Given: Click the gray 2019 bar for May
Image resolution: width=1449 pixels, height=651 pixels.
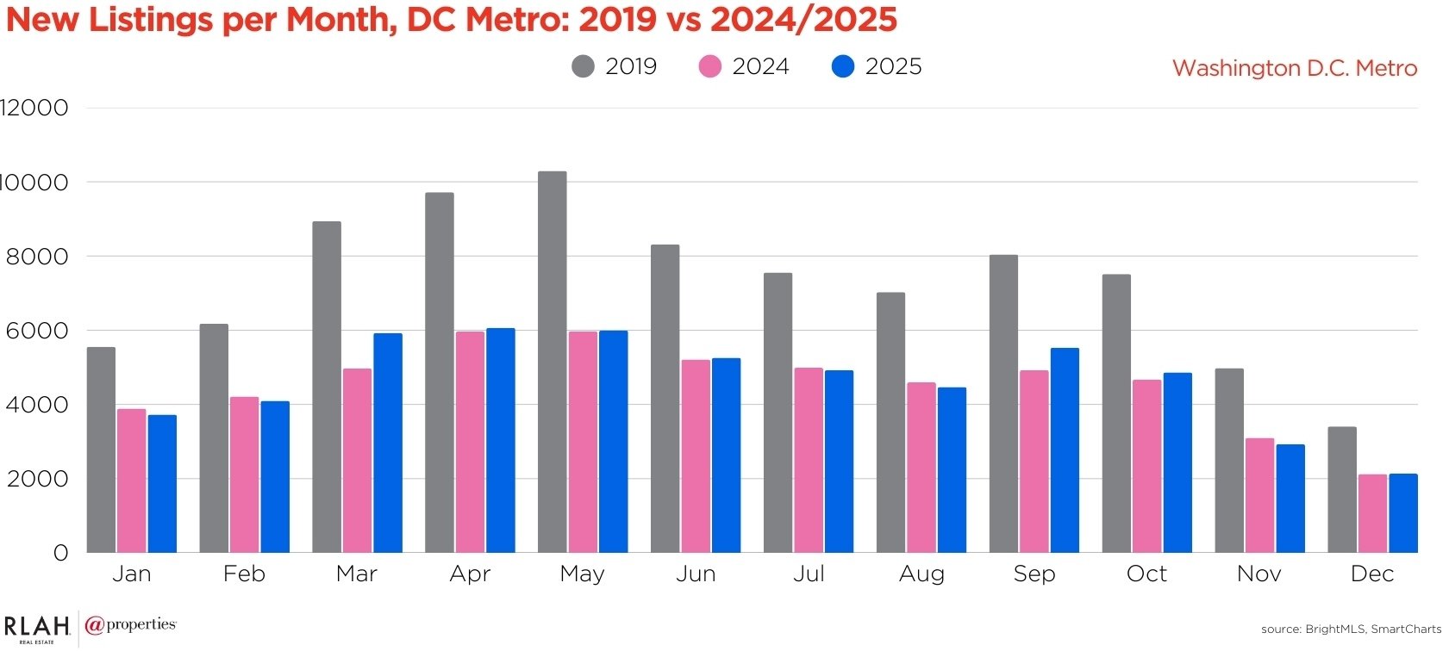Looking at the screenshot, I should pos(553,362).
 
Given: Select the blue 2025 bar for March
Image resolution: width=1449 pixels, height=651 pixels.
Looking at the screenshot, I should pos(388,443).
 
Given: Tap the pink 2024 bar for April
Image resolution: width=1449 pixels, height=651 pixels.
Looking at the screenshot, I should pos(470,442).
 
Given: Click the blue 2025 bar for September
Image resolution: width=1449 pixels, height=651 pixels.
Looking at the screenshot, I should pos(1065,449).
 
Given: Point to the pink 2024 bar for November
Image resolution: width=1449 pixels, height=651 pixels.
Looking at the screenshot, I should pos(1259,495).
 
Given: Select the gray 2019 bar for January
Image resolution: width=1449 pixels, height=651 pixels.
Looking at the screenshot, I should pos(101,449).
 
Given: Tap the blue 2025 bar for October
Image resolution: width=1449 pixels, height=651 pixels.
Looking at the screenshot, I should pos(1177,462).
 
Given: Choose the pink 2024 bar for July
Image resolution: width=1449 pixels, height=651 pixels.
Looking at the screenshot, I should pos(809,460).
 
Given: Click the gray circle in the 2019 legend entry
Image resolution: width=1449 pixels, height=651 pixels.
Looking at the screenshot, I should pos(584,66).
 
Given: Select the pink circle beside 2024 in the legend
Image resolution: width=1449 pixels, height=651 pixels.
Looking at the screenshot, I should pos(709,66).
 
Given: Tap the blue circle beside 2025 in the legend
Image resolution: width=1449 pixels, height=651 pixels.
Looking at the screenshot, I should pos(843,66).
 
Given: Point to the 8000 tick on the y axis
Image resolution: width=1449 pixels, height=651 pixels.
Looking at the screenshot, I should pos(37,257).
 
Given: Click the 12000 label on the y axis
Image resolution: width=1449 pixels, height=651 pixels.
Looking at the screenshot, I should pos(34,108).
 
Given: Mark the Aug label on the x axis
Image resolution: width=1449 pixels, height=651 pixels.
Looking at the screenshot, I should pos(921,573).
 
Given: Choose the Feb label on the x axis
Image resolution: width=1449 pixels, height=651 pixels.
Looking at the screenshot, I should pos(244,573).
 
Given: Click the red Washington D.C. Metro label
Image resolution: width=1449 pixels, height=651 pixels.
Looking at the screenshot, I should pos(1295,68).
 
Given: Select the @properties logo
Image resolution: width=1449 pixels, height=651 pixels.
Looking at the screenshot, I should pos(131,625).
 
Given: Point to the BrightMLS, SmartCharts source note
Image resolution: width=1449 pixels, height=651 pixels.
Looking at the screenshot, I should pos(1351,629).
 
